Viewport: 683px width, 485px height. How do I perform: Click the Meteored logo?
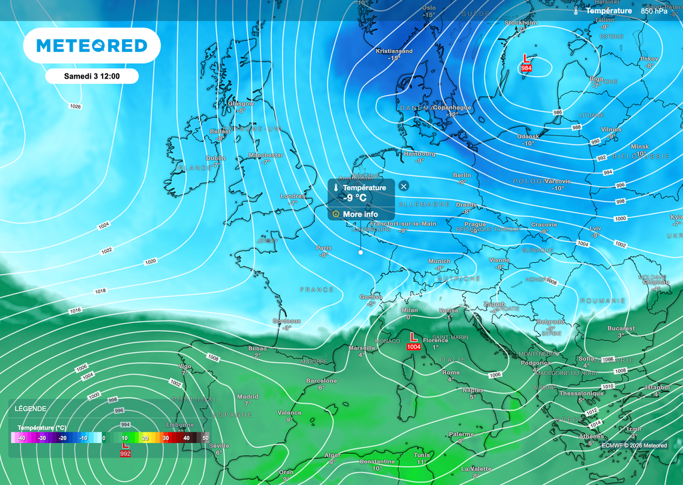(91, 45)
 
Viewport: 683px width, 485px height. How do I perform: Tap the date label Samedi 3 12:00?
(91, 76)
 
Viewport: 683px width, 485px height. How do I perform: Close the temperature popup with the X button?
(404, 186)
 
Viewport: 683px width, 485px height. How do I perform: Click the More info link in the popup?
(360, 214)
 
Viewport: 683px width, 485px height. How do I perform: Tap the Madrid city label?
(247, 396)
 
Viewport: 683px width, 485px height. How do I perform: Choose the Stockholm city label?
(521, 23)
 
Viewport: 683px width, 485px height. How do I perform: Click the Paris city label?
(323, 248)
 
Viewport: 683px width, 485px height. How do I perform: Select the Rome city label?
(451, 372)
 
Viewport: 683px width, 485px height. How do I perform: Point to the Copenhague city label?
(452, 107)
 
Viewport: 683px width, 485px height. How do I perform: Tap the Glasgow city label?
(241, 104)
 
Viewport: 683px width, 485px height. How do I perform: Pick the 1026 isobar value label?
(75, 107)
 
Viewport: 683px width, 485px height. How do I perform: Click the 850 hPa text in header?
(654, 11)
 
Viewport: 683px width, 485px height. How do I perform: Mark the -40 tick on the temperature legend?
(22, 438)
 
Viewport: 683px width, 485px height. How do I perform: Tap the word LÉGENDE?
(31, 408)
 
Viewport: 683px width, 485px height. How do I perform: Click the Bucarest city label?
(621, 329)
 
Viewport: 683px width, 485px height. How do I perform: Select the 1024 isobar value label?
(103, 226)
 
